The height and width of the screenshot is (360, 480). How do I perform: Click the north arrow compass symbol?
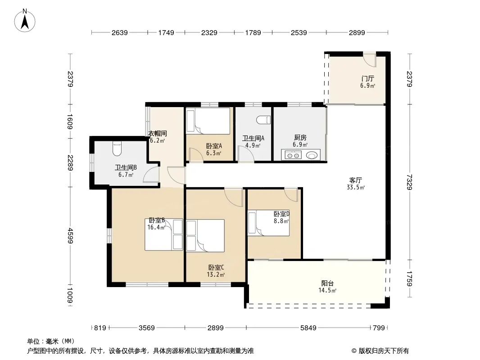(x=25, y=21)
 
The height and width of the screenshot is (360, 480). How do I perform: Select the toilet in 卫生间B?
(x=117, y=148)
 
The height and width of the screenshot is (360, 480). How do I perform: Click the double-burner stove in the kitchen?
(x=293, y=155)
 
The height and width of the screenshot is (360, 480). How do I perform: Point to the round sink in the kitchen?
(x=312, y=155)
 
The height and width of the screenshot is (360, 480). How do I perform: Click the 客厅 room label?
(x=355, y=180)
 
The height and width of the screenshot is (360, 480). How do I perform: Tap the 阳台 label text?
(x=327, y=283)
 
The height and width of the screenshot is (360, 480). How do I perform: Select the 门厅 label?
(x=367, y=79)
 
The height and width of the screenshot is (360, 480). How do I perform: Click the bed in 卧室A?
(x=208, y=121)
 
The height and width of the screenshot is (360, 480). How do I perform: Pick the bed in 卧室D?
(x=268, y=223)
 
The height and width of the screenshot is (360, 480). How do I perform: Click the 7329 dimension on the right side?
(x=409, y=182)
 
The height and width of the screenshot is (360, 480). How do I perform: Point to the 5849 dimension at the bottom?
(x=308, y=328)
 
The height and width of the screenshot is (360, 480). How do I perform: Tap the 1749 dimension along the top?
(x=166, y=32)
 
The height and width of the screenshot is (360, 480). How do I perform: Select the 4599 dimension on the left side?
(x=70, y=235)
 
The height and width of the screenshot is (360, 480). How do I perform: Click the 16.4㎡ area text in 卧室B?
(x=156, y=227)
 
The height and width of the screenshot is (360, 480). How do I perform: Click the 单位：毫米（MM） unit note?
(x=51, y=341)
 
